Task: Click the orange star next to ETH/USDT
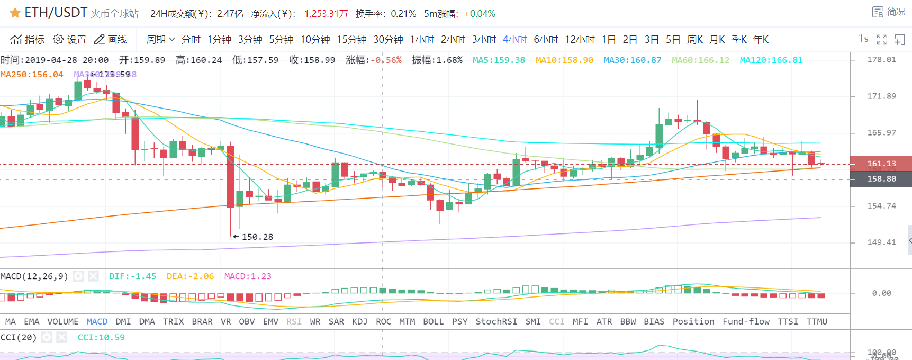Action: click(x=15, y=13)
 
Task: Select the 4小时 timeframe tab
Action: click(x=514, y=40)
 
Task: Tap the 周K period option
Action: click(x=694, y=40)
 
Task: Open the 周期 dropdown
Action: click(x=160, y=40)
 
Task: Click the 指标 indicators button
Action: click(x=28, y=40)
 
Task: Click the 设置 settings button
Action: click(x=69, y=40)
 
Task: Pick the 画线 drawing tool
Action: click(x=111, y=40)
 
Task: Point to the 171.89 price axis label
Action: click(x=881, y=96)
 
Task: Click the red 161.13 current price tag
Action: click(x=881, y=164)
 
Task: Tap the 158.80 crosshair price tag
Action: click(x=881, y=179)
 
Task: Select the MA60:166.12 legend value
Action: click(x=700, y=60)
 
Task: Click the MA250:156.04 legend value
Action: click(x=32, y=75)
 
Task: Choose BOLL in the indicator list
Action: click(x=433, y=321)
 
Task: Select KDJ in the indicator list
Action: click(x=359, y=321)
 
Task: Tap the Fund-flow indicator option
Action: click(x=746, y=321)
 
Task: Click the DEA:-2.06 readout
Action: click(x=190, y=276)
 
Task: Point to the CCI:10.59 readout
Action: click(x=101, y=338)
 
